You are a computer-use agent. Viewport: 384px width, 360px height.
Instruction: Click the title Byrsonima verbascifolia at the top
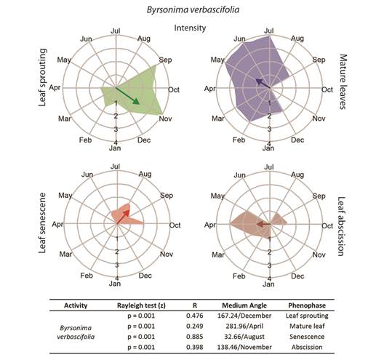coord(193,10)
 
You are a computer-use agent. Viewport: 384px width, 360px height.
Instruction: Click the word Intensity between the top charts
coord(190,28)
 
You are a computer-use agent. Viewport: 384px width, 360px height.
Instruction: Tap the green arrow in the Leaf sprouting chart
coord(127,96)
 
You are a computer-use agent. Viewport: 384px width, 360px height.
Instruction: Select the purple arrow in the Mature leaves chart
coord(263,83)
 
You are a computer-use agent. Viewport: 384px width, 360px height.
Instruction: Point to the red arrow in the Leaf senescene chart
coord(123,217)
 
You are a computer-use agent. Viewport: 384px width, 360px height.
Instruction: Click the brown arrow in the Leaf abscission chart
coord(263,224)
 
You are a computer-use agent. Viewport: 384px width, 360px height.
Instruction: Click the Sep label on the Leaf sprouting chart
coord(166,60)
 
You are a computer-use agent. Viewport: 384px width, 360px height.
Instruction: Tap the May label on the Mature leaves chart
coord(217,60)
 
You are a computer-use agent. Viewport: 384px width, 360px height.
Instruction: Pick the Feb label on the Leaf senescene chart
coord(87,276)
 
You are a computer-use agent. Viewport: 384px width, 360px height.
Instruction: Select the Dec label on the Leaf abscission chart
coord(297,276)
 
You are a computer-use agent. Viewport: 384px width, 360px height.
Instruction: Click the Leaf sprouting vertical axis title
coord(42,77)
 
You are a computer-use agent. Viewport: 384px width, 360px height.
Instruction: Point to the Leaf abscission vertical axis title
coord(342,226)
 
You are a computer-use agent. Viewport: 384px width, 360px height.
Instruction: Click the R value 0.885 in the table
coord(195,337)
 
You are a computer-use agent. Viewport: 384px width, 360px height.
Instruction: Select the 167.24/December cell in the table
coord(244,316)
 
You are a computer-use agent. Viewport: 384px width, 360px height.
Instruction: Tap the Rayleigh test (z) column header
coord(141,305)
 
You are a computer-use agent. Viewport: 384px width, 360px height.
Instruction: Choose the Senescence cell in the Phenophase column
coord(307,337)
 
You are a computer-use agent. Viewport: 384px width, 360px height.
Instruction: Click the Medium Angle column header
coord(244,305)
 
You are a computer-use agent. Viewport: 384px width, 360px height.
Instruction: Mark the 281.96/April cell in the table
coord(244,326)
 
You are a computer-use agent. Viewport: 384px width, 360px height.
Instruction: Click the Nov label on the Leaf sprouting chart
coord(166,119)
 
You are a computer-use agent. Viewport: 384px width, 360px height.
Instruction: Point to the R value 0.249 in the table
coord(195,326)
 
